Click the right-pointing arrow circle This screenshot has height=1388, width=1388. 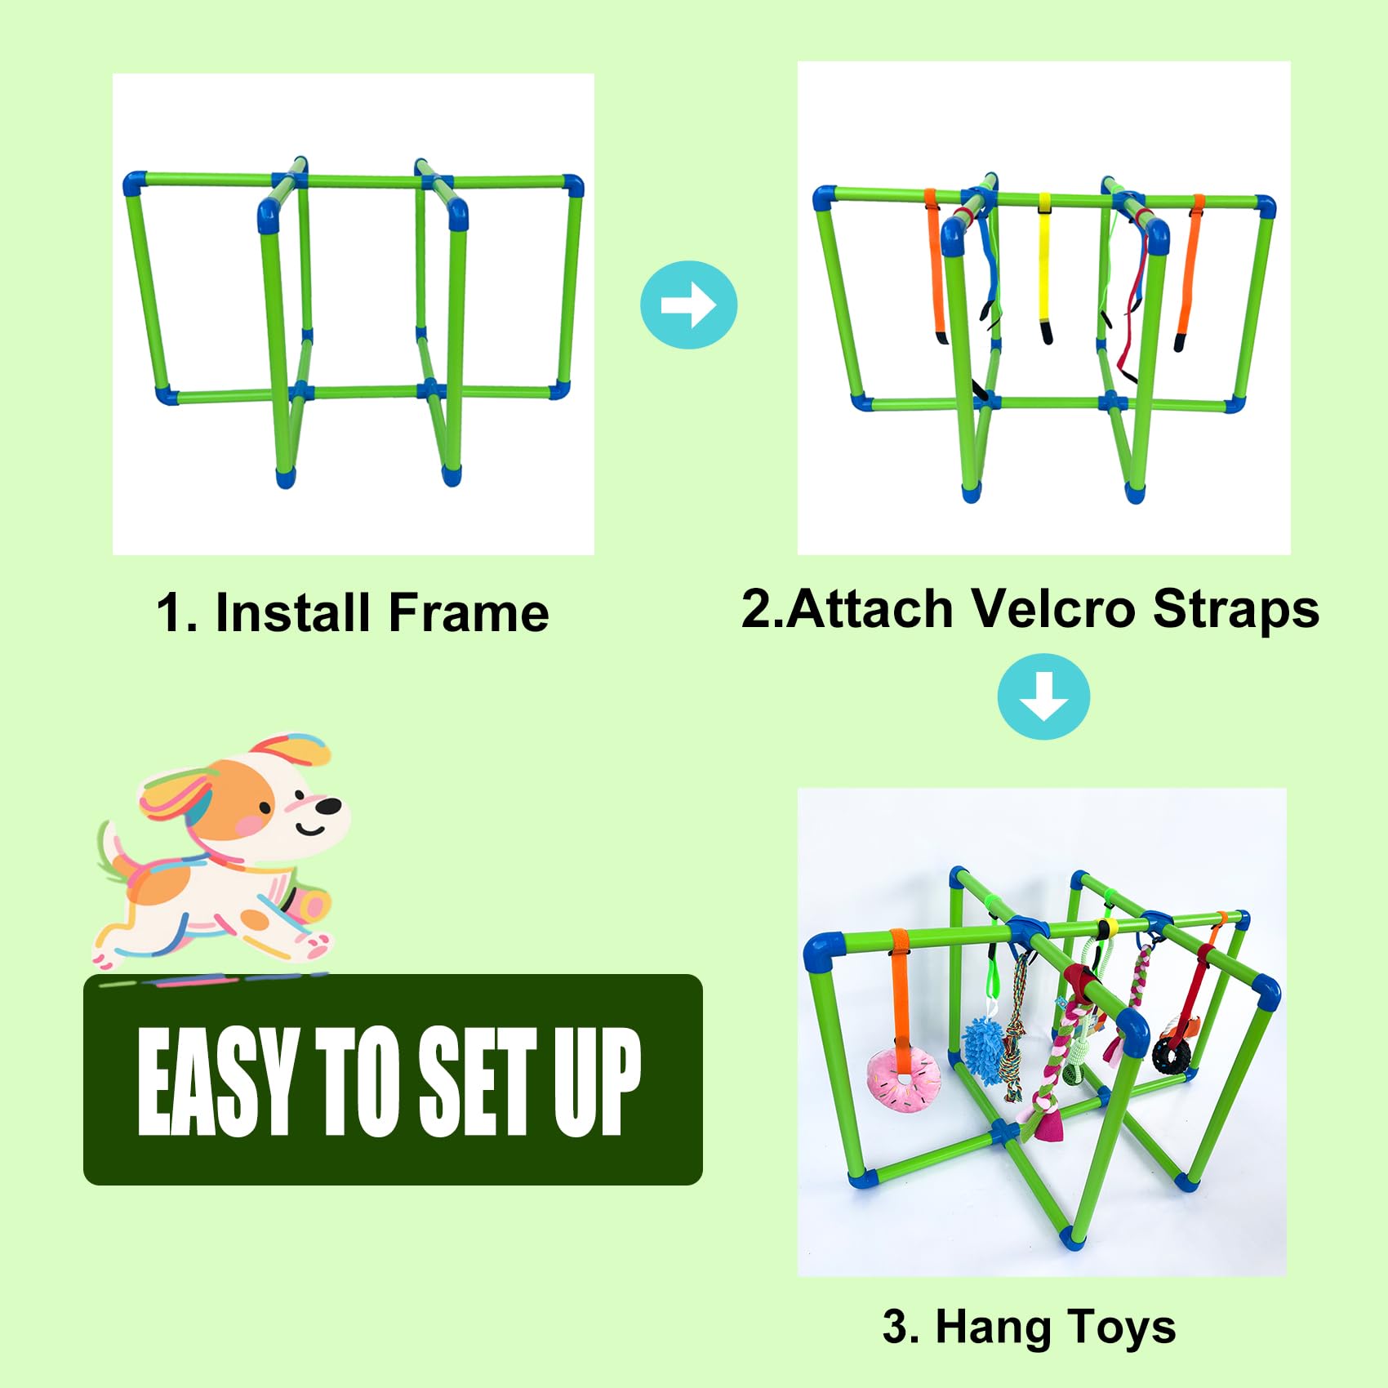pos(688,305)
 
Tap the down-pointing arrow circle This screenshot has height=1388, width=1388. pos(1043,697)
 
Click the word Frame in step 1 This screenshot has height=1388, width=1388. pos(468,613)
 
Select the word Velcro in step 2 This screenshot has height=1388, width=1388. pos(1052,609)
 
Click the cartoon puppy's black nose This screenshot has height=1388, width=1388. pos(328,807)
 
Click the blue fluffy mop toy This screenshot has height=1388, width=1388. pos(983,1048)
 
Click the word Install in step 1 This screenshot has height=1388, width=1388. pos(292,613)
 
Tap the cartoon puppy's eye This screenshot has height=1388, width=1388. pos(265,809)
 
